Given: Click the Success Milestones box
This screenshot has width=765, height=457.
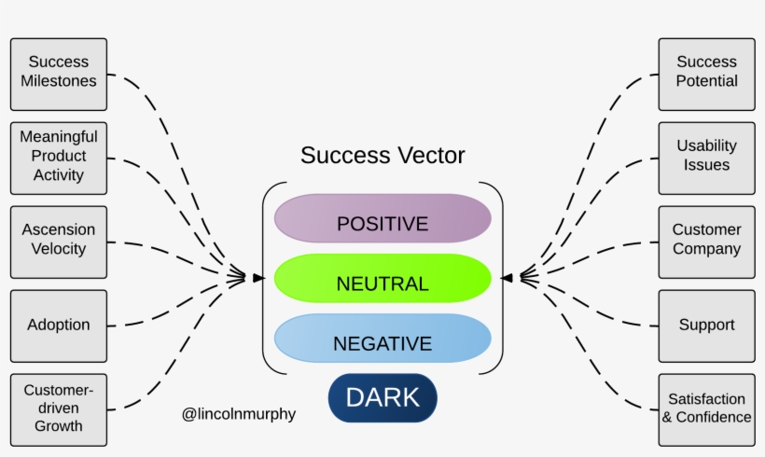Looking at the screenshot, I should [58, 72].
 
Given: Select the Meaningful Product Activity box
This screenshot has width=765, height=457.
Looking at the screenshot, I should [58, 156].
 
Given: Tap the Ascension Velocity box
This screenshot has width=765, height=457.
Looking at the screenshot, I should [58, 240].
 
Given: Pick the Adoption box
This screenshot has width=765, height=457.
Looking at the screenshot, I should [58, 325].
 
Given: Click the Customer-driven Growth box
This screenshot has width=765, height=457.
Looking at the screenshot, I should [58, 408].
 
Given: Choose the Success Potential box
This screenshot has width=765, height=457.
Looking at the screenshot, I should [706, 72].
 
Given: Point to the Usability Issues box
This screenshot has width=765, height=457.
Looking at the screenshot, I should [706, 156].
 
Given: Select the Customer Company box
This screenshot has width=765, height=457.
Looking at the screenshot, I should [706, 240].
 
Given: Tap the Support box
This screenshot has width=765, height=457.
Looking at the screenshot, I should [706, 325].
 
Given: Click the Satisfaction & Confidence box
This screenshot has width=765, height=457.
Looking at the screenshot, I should [706, 408].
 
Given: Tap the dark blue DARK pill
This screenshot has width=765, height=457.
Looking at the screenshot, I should [382, 397].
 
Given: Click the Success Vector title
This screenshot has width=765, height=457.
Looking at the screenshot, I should [382, 155].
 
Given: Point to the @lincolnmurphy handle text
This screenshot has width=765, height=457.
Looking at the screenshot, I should [239, 413].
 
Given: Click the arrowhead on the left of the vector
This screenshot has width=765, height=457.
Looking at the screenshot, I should [258, 277].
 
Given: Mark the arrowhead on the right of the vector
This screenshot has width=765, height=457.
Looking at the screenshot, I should [507, 277].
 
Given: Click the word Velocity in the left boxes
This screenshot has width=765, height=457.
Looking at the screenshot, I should [58, 249].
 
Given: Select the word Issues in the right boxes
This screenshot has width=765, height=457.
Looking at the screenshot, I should [706, 165].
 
